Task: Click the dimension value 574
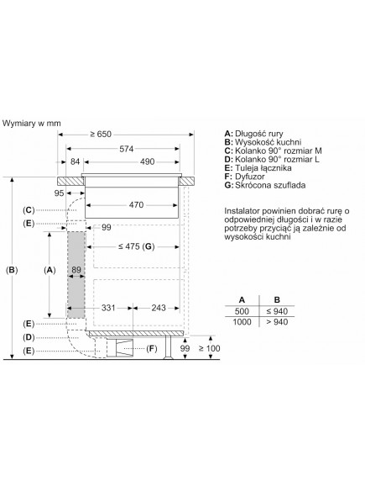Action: (126, 149)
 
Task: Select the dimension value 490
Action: (147, 162)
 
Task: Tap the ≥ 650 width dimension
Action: (102, 135)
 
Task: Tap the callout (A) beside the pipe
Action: (50, 270)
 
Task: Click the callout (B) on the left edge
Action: (11, 270)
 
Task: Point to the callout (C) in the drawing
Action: (29, 209)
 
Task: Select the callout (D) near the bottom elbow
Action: (29, 336)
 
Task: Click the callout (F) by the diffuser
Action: (151, 348)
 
